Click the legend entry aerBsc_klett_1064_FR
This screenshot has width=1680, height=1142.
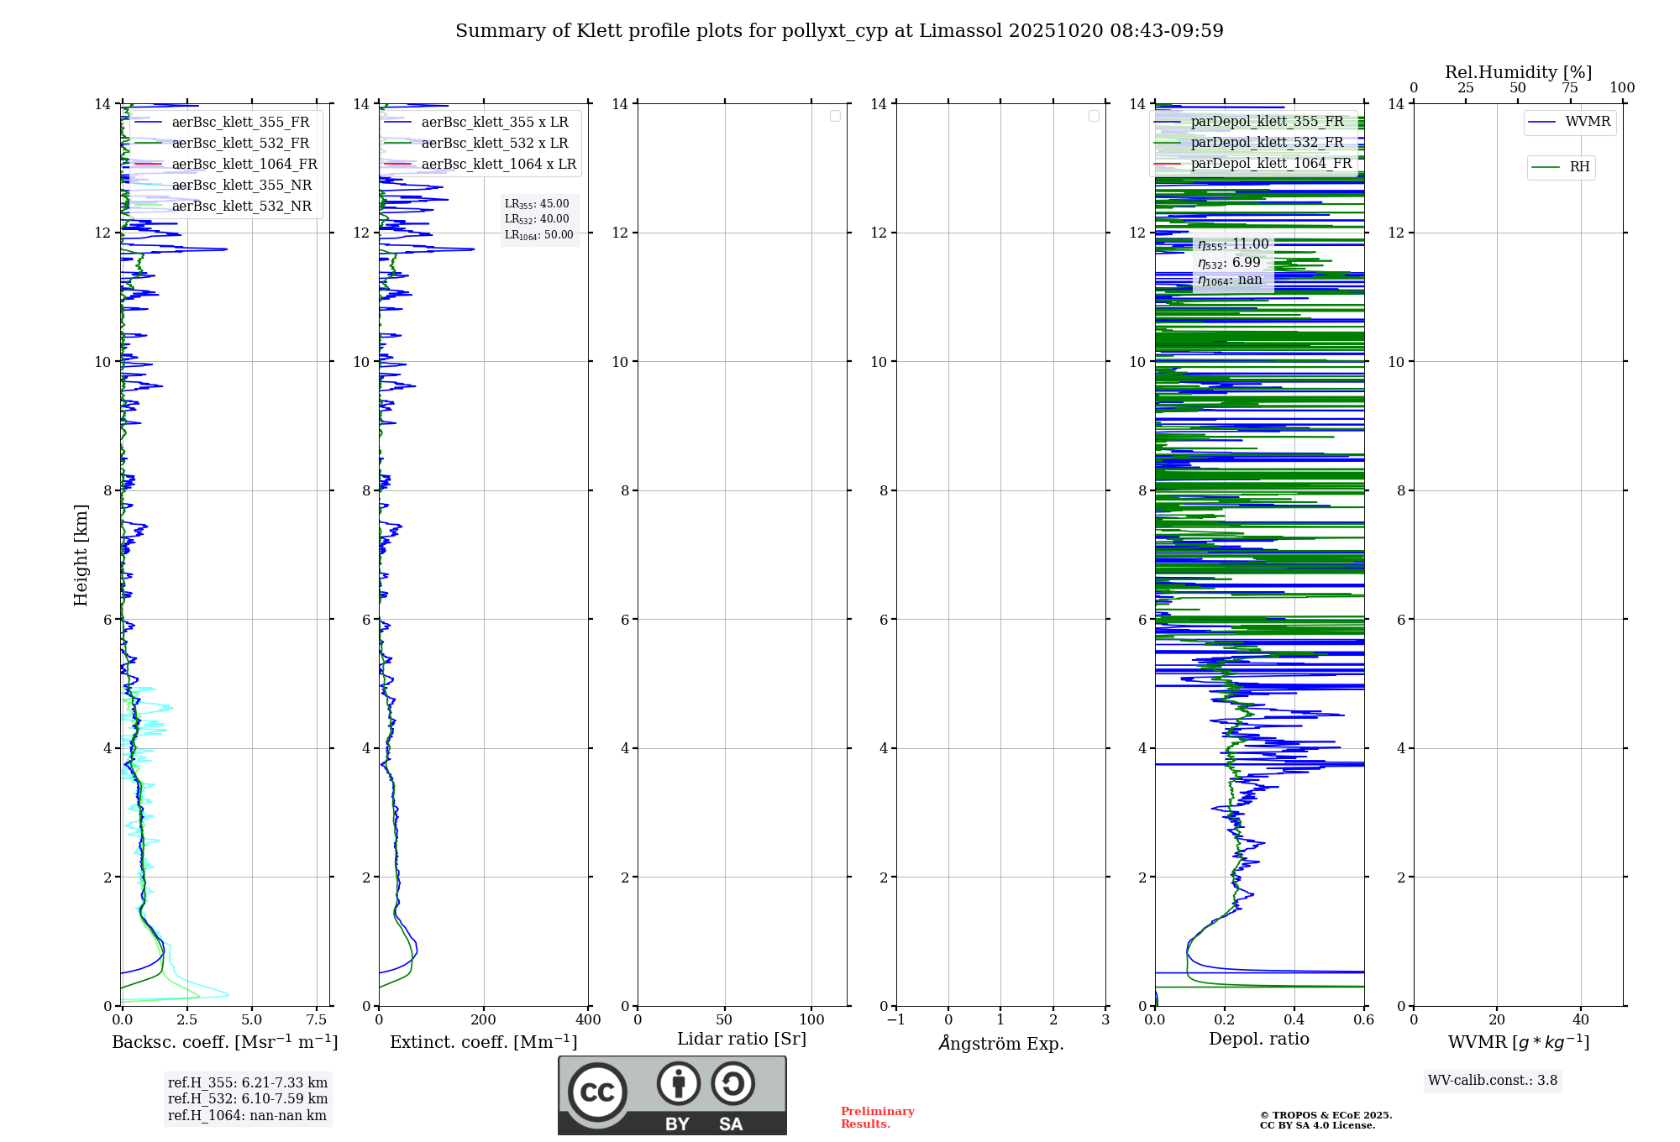tap(244, 165)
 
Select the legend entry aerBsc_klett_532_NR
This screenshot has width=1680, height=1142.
tap(241, 207)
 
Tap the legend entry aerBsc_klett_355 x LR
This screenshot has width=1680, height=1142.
tap(494, 123)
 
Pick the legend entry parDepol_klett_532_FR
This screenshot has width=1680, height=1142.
tap(1267, 143)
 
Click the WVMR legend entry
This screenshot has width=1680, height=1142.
tap(1587, 122)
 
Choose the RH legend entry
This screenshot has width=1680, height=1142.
tap(1578, 167)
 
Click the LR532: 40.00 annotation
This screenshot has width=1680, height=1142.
tap(537, 219)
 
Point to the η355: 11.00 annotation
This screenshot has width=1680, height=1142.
tap(1233, 244)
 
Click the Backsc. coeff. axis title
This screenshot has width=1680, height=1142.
tap(224, 1042)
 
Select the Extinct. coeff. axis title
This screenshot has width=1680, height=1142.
tap(483, 1042)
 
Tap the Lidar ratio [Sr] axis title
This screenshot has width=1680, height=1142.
tap(741, 1040)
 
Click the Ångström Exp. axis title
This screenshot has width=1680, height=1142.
tap(1000, 1044)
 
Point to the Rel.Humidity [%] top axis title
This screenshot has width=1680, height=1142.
tap(1518, 72)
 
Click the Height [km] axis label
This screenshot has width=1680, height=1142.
tap(81, 554)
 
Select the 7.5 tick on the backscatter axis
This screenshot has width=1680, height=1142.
tap(317, 1020)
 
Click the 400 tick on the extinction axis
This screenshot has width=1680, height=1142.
tap(588, 1020)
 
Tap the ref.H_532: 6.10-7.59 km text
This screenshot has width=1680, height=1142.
tap(248, 1099)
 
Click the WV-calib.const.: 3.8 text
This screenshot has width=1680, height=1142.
tap(1492, 1081)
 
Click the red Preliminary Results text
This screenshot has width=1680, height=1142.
tap(877, 1118)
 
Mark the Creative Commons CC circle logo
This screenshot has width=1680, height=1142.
tap(597, 1092)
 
